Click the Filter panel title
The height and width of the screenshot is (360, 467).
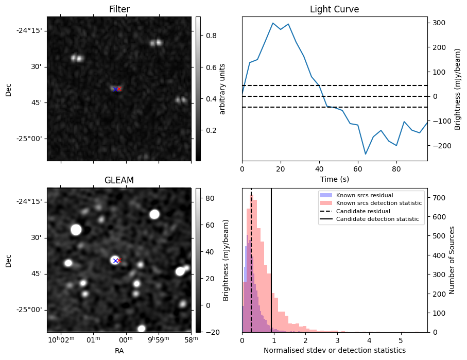point(119,9)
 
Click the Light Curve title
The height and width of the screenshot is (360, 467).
point(334,9)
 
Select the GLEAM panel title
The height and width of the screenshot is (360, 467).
point(119,180)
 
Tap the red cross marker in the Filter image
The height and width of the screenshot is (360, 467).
point(119,89)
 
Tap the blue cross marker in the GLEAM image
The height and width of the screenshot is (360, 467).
point(115,261)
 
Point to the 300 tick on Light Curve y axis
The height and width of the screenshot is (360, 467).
point(438,23)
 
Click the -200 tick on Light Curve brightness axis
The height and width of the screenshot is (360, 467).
point(439,146)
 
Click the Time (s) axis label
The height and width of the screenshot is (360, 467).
point(334,178)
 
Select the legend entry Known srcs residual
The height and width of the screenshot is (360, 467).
point(365,196)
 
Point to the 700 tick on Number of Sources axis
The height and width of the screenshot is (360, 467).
point(438,198)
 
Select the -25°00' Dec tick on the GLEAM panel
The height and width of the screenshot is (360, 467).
point(29,310)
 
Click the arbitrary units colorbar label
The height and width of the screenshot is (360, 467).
point(222,89)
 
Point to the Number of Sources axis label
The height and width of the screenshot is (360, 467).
point(452,260)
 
